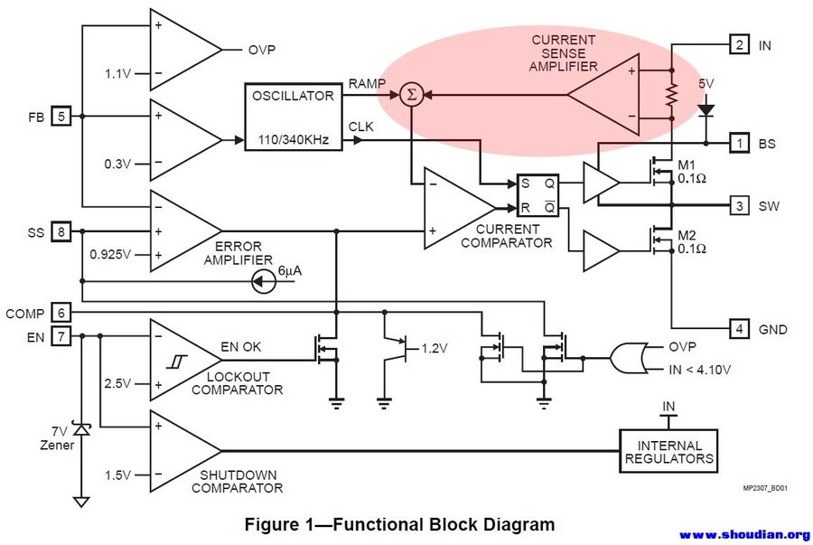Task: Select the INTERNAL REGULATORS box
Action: tap(669, 452)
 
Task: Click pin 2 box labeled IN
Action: tap(739, 44)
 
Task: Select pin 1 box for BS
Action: tap(739, 143)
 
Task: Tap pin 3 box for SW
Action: tap(739, 206)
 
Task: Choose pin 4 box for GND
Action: tap(739, 329)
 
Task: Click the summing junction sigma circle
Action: tap(411, 94)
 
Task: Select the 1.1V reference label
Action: tap(119, 74)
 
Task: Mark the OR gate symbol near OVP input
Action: tap(625, 358)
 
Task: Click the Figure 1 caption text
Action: tap(400, 524)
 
